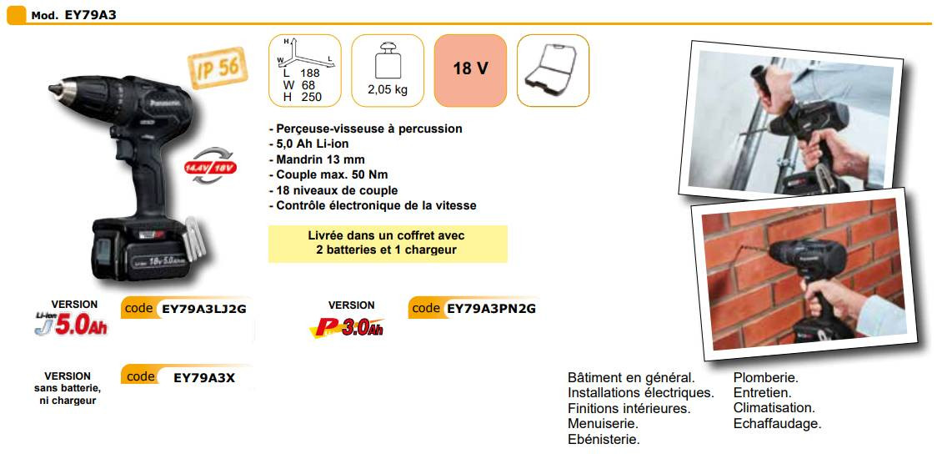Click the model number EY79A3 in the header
90,15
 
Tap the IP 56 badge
218,68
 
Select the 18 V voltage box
470,70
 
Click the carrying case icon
553,70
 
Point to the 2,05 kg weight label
388,90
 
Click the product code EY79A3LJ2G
204,310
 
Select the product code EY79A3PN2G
492,310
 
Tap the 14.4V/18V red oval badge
210,166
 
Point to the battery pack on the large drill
142,249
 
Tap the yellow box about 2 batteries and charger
388,244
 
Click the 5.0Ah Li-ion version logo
71,325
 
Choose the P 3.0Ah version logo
348,327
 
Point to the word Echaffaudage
777,423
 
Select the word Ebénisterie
604,439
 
